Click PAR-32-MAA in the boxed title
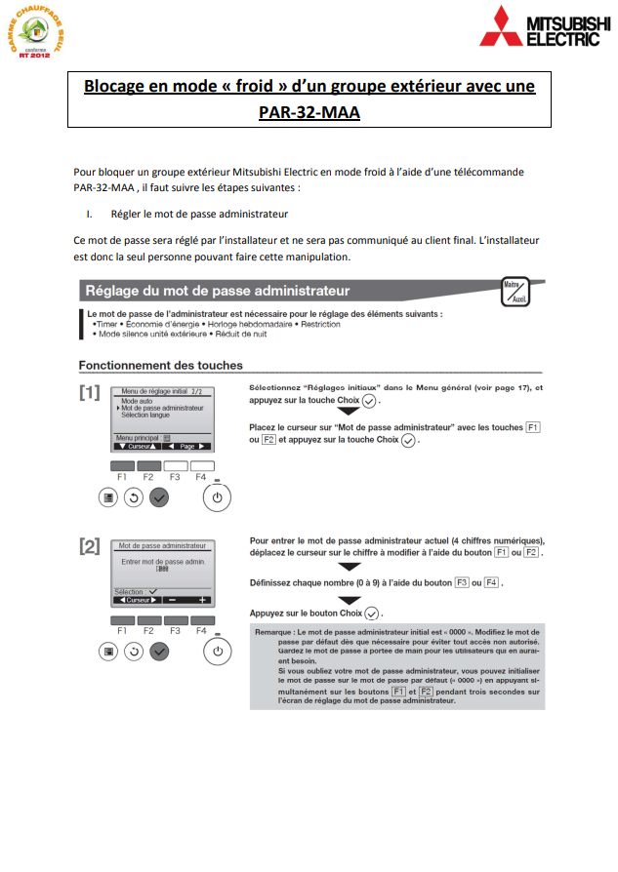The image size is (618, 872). [x=309, y=112]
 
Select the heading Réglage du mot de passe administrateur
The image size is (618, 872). [x=217, y=291]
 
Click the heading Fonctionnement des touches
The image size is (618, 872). [x=161, y=366]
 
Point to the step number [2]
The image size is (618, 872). [x=90, y=546]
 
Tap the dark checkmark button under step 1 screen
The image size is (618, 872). [x=160, y=496]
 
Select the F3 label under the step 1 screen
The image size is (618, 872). [x=175, y=477]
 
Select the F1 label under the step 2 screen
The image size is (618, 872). [x=122, y=631]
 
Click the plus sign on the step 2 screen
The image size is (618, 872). [x=203, y=600]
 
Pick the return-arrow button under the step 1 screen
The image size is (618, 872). [x=133, y=496]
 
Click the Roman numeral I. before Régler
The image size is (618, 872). [x=89, y=213]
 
